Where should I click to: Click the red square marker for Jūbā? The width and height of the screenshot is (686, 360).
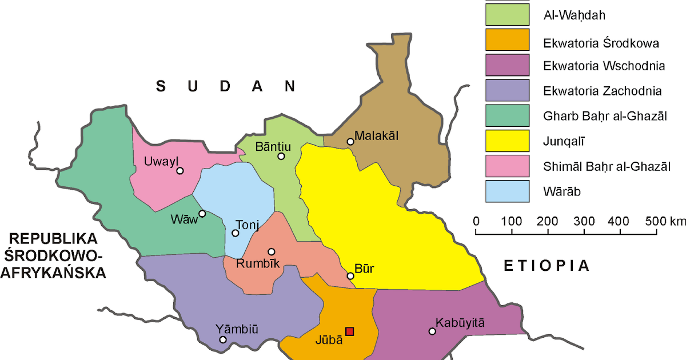click(350, 331)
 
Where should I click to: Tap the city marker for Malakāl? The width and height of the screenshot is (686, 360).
click(350, 142)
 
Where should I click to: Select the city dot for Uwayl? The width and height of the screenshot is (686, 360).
click(180, 170)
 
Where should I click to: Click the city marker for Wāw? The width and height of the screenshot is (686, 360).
click(202, 214)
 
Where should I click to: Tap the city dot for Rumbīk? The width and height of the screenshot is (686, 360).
click(272, 251)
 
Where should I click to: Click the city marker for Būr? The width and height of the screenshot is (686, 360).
click(350, 276)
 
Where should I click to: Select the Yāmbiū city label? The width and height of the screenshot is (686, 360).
click(237, 329)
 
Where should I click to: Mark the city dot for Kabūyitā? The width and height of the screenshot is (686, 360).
click(432, 331)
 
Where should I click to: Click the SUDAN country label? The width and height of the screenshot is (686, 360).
click(226, 86)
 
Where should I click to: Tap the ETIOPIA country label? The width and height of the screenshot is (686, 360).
click(546, 265)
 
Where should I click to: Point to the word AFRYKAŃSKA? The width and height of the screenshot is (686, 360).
click(54, 273)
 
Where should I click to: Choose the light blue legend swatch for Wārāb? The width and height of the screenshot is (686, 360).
click(507, 191)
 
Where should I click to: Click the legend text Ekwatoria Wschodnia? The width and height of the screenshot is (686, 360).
click(604, 66)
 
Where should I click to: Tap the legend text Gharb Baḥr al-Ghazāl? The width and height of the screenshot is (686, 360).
click(605, 116)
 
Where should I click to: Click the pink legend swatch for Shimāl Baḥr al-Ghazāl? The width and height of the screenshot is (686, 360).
click(507, 166)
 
